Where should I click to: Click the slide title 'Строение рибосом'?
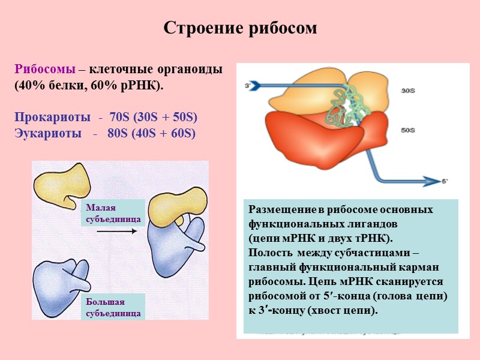click(x=240, y=28)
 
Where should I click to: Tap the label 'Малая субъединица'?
click(x=113, y=214)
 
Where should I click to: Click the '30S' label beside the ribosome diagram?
click(x=409, y=91)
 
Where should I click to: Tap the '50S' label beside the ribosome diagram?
click(x=409, y=130)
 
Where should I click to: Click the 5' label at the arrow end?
click(x=445, y=181)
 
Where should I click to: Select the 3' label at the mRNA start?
click(x=247, y=86)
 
